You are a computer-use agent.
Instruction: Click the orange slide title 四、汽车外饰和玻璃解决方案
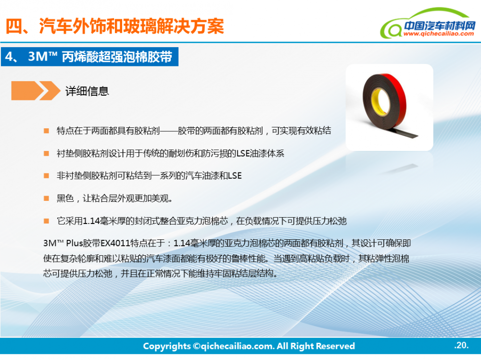[115, 26]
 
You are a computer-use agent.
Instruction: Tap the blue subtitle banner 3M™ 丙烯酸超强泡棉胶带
[89, 57]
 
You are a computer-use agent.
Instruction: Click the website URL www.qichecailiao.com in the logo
[439, 34]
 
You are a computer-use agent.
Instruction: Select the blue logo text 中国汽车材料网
[439, 25]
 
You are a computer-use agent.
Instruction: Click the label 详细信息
[87, 91]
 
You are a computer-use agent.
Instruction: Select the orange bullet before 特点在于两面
[46, 131]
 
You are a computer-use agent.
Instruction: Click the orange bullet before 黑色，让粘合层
[46, 199]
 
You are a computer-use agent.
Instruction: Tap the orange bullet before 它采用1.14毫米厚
[46, 221]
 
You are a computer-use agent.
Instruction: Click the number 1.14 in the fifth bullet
[91, 221]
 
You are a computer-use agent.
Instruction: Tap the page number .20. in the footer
[461, 345]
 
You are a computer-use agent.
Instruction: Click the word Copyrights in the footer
[167, 346]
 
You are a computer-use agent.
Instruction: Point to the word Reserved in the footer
[335, 346]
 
